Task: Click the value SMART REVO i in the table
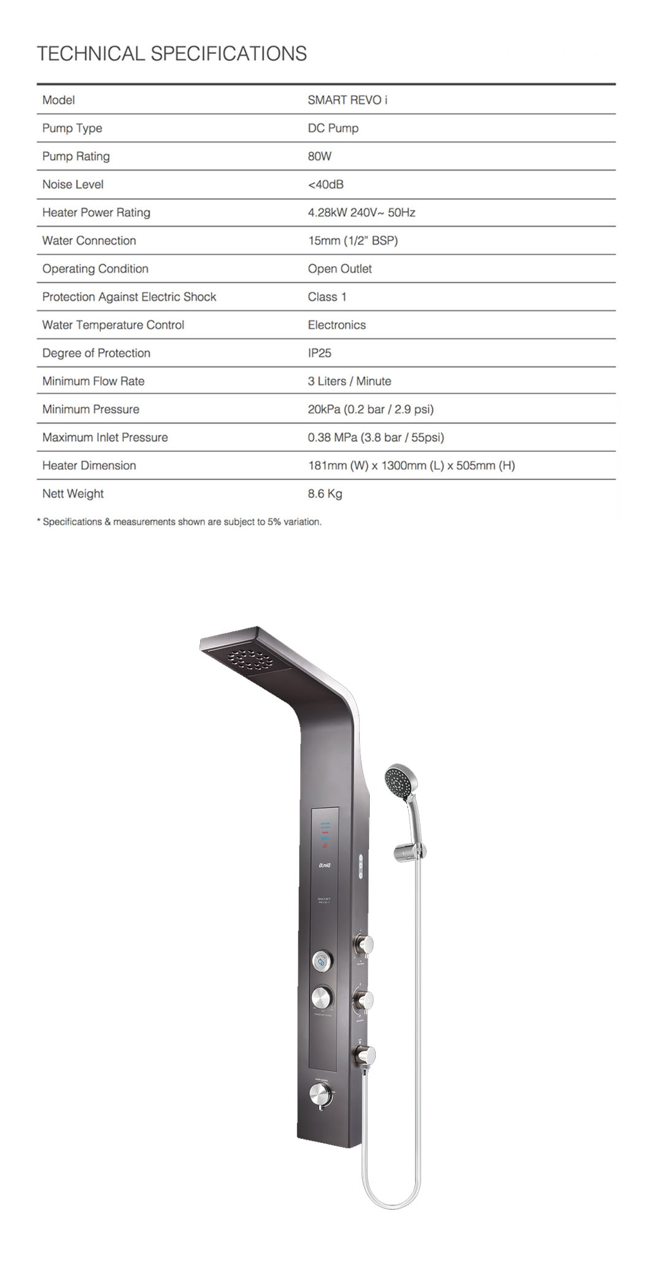(347, 100)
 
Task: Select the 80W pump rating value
(319, 157)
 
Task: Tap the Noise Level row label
(72, 184)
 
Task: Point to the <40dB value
(325, 184)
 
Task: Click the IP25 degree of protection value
(319, 353)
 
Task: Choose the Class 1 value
(327, 297)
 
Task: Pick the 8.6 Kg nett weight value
(325, 494)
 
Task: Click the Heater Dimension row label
(89, 465)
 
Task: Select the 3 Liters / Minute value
(349, 381)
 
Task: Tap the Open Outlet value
(339, 269)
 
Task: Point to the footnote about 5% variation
(179, 522)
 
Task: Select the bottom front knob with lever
(321, 1094)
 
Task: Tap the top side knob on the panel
(363, 944)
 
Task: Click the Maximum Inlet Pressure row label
(105, 438)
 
